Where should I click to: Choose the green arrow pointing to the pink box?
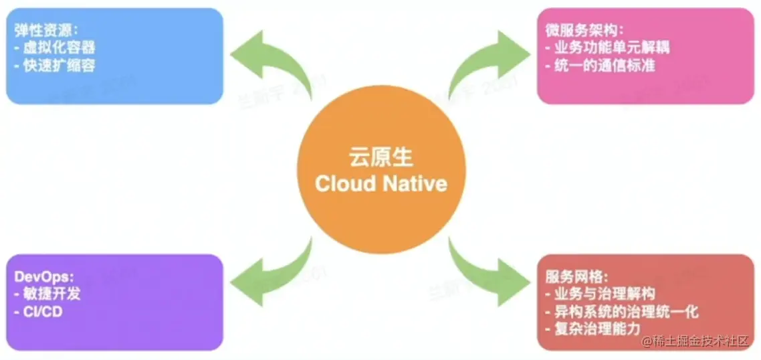click(488, 64)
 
